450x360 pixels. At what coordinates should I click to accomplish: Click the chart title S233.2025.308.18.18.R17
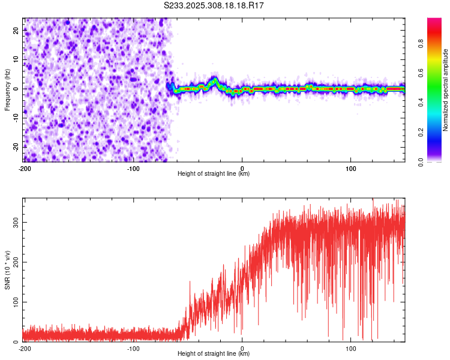(214, 5)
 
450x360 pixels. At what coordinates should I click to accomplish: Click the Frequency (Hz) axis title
(7, 90)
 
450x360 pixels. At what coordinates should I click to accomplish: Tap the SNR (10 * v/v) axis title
(7, 270)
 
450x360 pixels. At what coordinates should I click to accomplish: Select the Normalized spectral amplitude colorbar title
(446, 90)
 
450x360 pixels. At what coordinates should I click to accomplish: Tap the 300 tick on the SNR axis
(16, 222)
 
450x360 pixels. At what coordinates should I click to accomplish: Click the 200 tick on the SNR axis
(16, 262)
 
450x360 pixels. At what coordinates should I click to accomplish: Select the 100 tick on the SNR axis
(16, 302)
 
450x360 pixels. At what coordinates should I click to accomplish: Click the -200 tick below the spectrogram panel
(25, 168)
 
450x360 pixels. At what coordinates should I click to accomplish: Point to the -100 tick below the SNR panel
(133, 348)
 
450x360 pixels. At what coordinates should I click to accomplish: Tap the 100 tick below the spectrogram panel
(351, 168)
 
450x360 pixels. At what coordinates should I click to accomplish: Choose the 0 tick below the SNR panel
(242, 348)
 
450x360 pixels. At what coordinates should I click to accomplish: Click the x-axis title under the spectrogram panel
(214, 174)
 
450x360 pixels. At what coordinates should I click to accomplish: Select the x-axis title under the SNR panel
(214, 354)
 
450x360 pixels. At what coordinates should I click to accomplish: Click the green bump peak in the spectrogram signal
(214, 79)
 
